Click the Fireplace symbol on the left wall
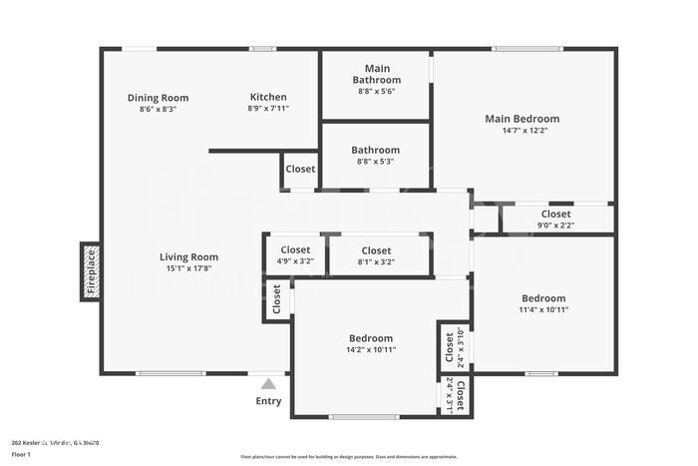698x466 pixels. (90, 270)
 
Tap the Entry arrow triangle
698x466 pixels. (268, 383)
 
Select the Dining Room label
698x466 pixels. (158, 98)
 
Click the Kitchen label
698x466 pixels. (268, 97)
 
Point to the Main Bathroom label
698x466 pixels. (377, 74)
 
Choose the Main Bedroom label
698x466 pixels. (523, 119)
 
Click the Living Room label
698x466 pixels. (188, 256)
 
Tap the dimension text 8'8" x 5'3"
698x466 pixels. (376, 162)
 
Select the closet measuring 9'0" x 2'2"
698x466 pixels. (555, 220)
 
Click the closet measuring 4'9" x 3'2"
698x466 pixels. (295, 255)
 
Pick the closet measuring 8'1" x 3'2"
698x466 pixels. (376, 255)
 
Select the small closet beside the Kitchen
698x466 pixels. (300, 170)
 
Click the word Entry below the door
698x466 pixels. (269, 401)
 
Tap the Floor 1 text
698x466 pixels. (21, 454)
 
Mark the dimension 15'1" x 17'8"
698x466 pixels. (188, 267)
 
